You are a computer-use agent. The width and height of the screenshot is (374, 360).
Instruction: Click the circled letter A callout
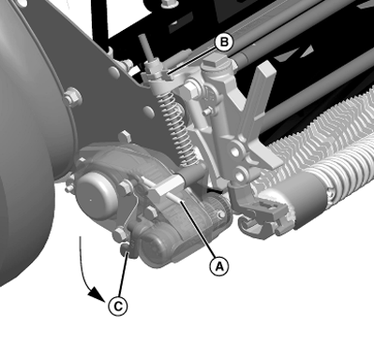click(x=218, y=265)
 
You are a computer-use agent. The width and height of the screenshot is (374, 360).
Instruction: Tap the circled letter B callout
click(x=223, y=41)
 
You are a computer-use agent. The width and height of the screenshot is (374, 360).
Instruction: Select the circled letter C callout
click(x=116, y=304)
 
